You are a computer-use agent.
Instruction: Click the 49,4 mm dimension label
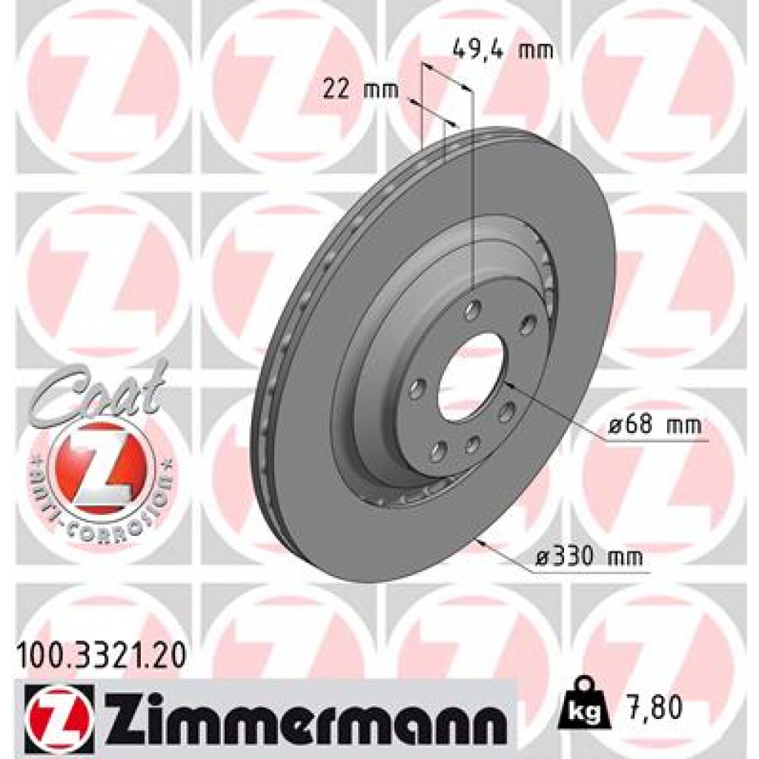point(502,50)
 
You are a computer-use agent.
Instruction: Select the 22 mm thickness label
point(360,90)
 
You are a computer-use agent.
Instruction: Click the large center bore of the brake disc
point(470,377)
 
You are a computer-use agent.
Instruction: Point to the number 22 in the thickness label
point(337,90)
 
